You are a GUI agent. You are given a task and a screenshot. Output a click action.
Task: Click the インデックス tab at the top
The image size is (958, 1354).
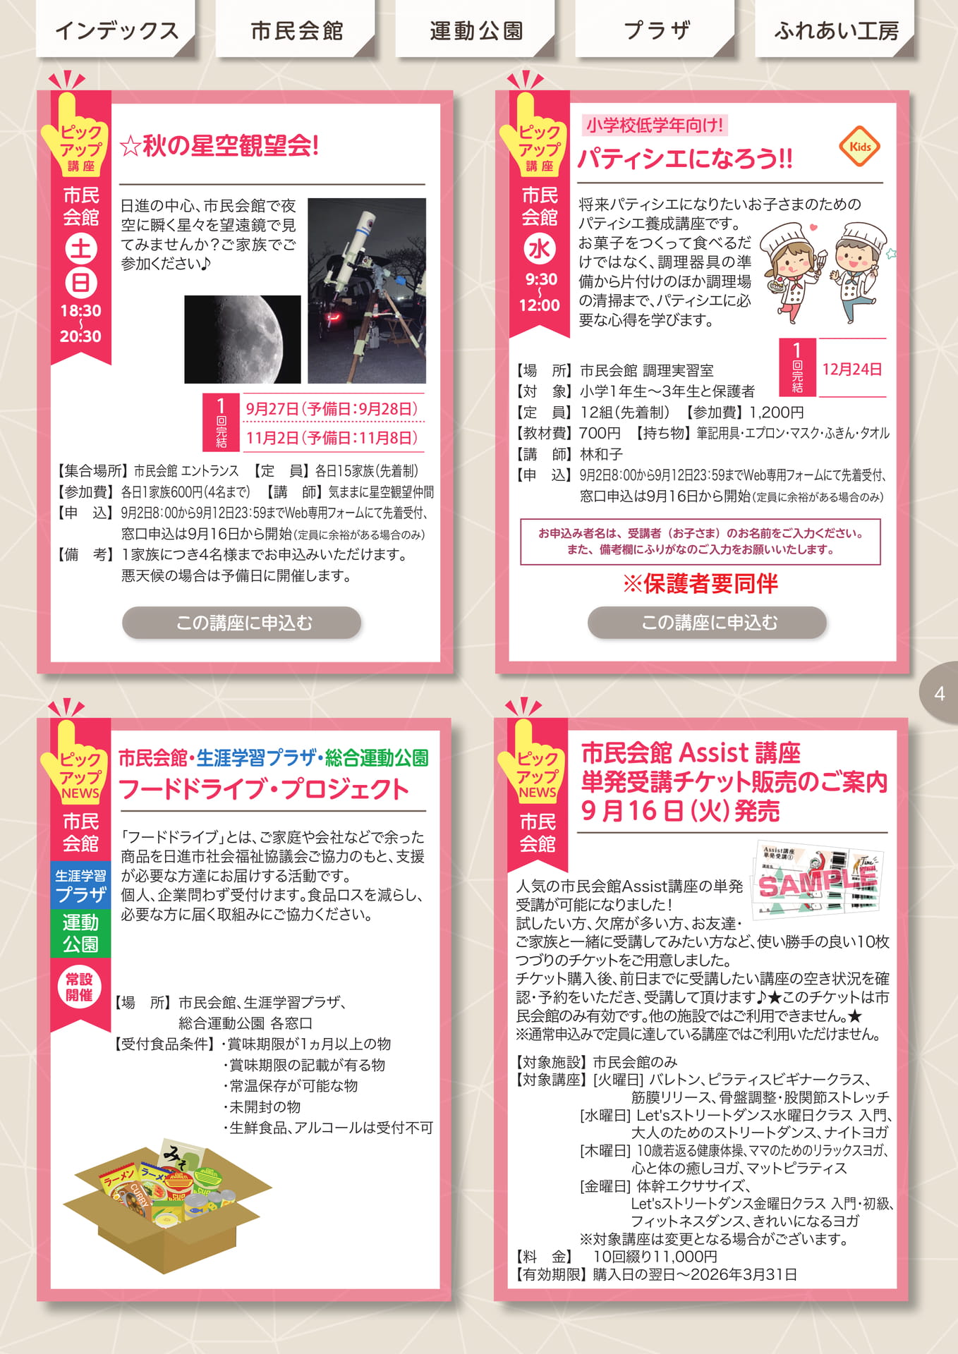[116, 30]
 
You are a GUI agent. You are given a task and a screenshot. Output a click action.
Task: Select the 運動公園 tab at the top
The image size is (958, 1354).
[476, 30]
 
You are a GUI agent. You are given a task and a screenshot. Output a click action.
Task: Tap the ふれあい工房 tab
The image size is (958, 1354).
[836, 30]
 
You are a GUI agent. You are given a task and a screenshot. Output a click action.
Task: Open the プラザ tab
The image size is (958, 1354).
[656, 30]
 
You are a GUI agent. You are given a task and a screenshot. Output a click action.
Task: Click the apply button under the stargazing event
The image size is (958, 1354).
[242, 623]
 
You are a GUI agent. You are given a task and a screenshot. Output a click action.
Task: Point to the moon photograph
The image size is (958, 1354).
[243, 339]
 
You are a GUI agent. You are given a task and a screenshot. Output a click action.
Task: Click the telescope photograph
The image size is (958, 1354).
[367, 291]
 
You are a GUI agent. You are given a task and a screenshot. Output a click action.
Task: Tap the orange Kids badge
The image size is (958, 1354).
[860, 147]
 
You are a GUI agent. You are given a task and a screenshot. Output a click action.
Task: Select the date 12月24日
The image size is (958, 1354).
[852, 369]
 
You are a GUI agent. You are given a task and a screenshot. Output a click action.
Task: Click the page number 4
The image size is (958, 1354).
[940, 693]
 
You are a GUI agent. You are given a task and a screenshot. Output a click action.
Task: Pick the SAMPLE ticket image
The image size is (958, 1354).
[818, 880]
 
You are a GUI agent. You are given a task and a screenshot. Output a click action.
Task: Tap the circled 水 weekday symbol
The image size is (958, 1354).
[539, 249]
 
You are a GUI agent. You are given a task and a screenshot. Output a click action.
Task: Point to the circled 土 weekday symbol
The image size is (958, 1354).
[81, 248]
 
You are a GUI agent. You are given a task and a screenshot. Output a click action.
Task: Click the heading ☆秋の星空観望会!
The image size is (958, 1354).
[219, 146]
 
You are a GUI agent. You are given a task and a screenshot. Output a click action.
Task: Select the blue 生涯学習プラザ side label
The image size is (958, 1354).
[81, 886]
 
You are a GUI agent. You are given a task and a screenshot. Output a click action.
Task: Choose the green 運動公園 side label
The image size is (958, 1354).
[81, 933]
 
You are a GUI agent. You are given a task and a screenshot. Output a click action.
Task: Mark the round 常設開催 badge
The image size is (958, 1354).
[80, 987]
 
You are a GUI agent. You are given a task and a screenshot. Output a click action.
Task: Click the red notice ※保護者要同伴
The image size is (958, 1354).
[701, 583]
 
